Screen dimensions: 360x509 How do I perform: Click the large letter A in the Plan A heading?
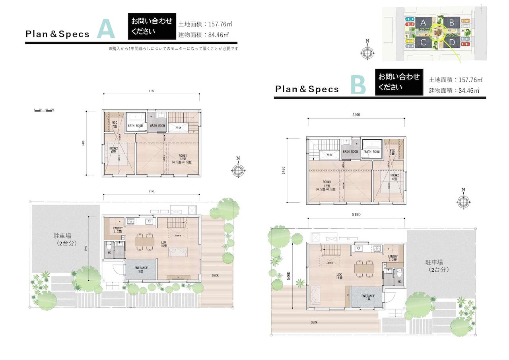pyautogui.click(x=106, y=30)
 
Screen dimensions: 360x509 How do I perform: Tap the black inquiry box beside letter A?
pyautogui.click(x=152, y=26)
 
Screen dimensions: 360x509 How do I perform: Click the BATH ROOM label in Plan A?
pyautogui.click(x=135, y=126)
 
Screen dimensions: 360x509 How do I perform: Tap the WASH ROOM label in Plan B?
pyautogui.click(x=350, y=152)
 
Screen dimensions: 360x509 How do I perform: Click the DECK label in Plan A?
pyautogui.click(x=215, y=275)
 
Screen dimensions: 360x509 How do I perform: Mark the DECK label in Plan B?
pyautogui.click(x=314, y=322)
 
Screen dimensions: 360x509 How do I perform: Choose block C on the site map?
pyautogui.click(x=424, y=43)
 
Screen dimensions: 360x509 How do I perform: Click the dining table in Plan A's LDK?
pyautogui.click(x=144, y=241)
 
